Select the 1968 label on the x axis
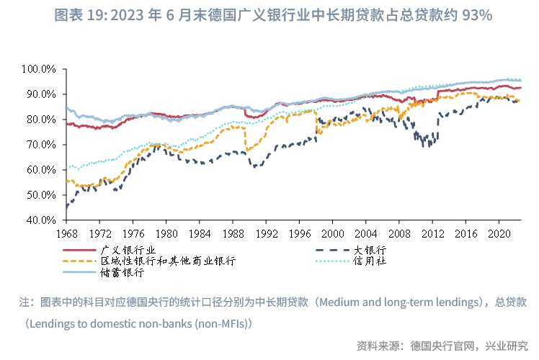(66, 234)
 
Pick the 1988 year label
(232, 234)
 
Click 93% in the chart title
(476, 15)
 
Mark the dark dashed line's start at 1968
(66, 207)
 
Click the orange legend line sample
(79, 261)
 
